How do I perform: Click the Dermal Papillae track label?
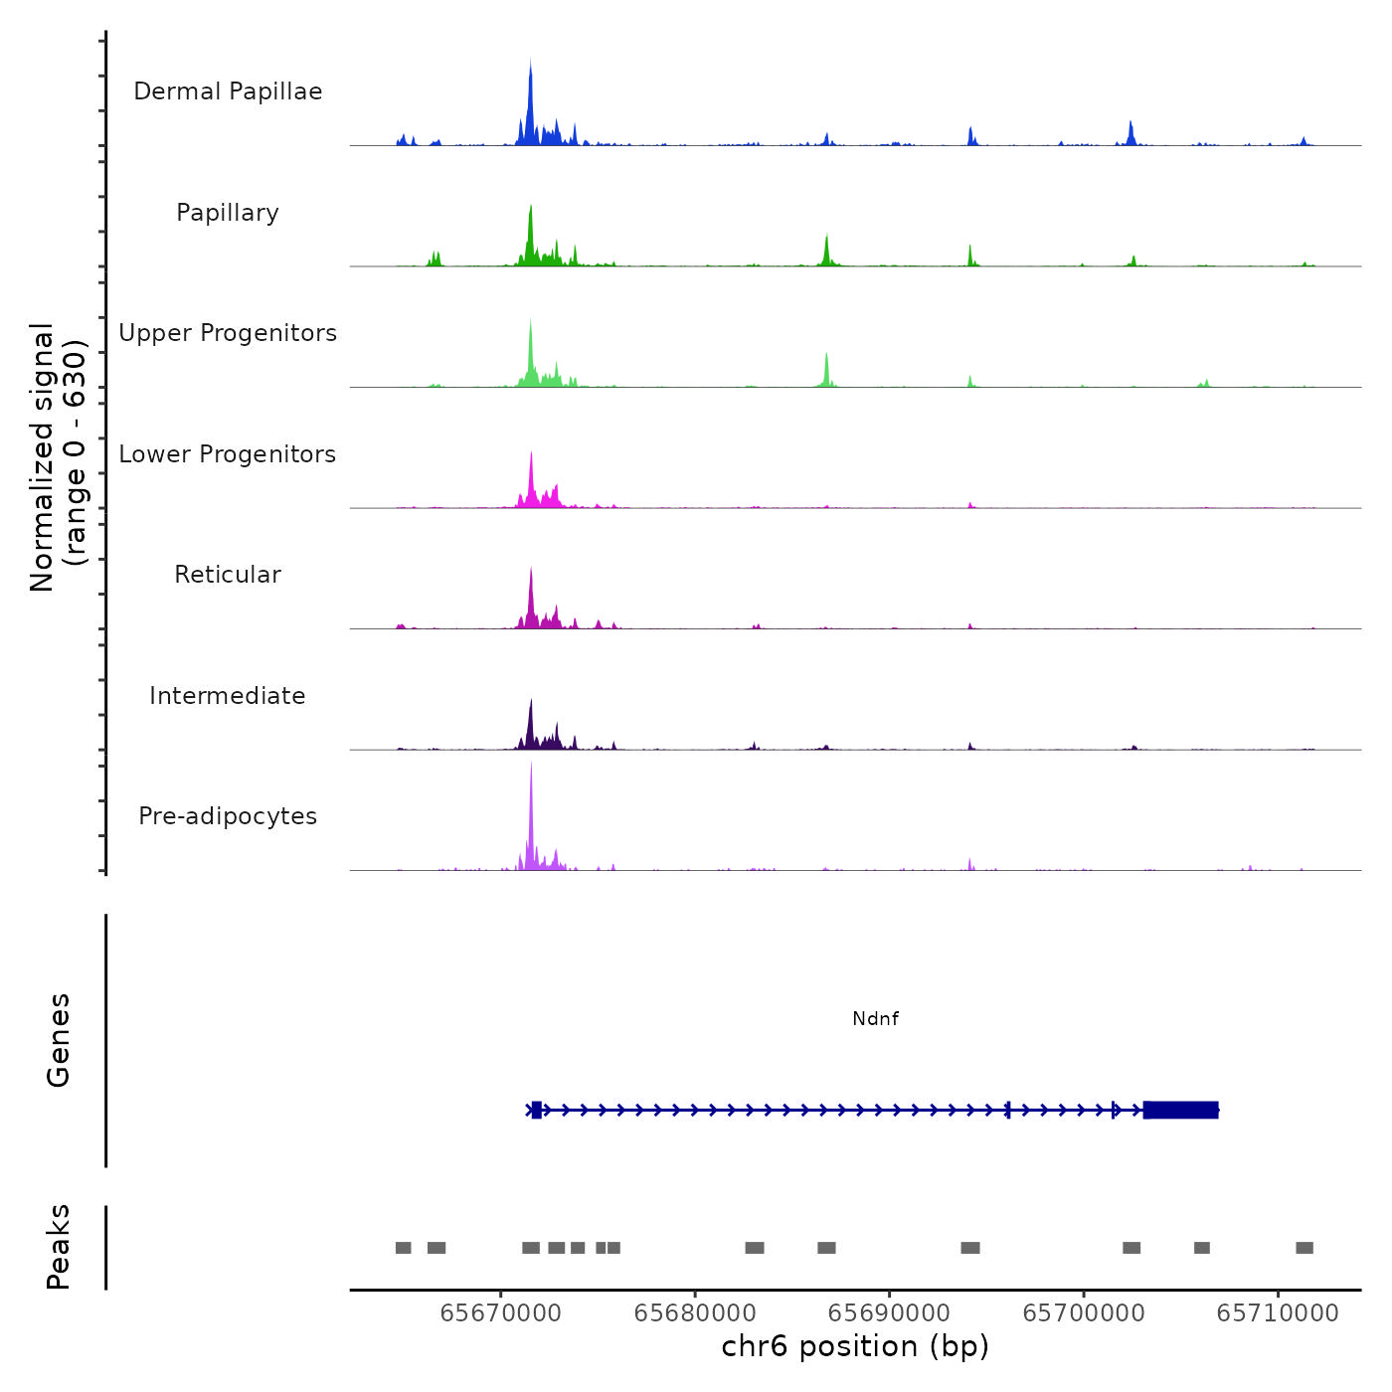click(228, 91)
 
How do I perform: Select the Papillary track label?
click(228, 213)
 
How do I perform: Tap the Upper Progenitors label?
click(228, 333)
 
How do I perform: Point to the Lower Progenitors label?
click(228, 454)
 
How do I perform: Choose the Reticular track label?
click(228, 575)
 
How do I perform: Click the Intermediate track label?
click(228, 696)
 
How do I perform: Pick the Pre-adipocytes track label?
click(228, 816)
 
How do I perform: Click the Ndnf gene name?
click(875, 1018)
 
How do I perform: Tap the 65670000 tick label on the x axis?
click(500, 1312)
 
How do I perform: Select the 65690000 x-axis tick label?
click(889, 1312)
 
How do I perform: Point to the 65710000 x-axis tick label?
click(1278, 1312)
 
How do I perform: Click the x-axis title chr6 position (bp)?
click(855, 1346)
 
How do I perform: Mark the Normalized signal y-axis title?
click(58, 457)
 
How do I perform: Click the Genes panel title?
click(59, 1040)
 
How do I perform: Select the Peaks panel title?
click(59, 1247)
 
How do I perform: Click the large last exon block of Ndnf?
click(1180, 1110)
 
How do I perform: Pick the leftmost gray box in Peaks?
click(403, 1248)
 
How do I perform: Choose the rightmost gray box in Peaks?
click(1305, 1248)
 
